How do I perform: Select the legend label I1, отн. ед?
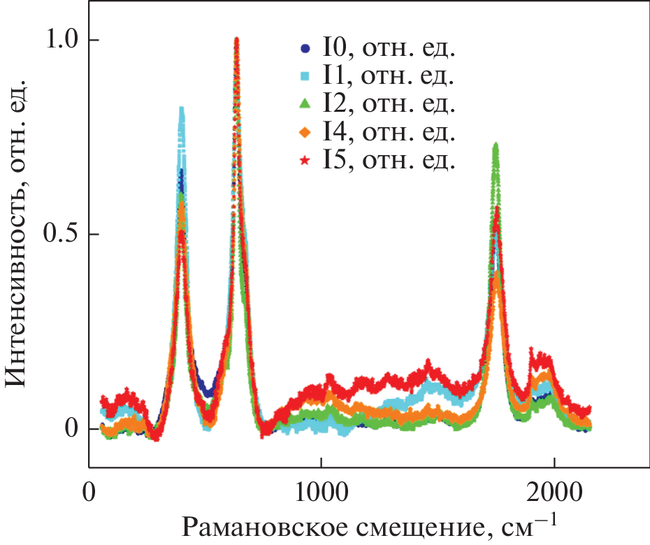point(389,77)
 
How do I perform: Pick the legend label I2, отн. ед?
point(389,105)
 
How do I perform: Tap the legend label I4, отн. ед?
point(389,133)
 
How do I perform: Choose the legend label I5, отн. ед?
point(389,161)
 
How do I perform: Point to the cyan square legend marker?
point(303,77)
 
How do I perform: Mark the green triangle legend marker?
point(303,105)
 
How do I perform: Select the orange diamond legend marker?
point(303,133)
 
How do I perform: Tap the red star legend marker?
point(303,161)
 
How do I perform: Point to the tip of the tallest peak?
point(237,39)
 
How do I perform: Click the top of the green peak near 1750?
point(496,145)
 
